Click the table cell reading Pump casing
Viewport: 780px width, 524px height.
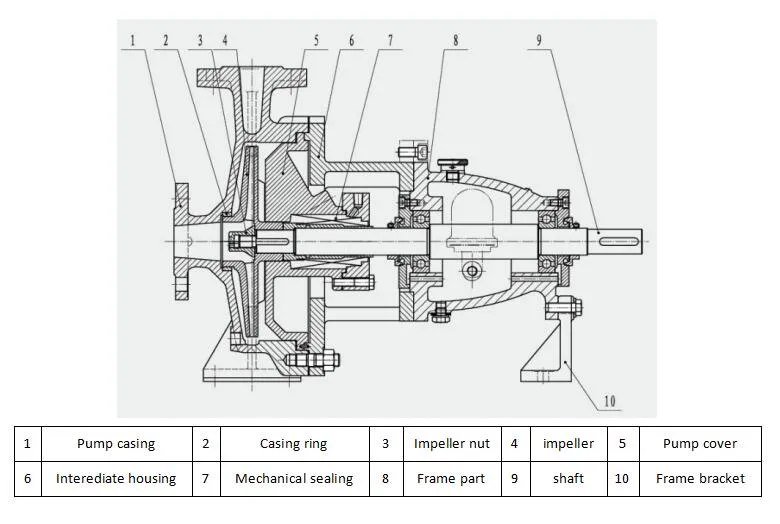pos(116,443)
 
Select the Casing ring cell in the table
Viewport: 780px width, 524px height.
pos(293,443)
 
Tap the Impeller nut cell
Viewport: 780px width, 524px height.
pos(451,443)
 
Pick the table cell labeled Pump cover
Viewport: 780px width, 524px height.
pos(700,443)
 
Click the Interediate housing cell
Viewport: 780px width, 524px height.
pos(116,478)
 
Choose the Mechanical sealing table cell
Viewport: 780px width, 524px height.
pos(293,478)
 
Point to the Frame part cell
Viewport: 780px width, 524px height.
pos(451,478)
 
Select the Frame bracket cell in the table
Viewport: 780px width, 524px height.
pos(700,478)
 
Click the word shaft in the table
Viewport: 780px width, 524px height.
pos(568,478)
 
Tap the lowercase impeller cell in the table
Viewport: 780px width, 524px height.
pos(568,443)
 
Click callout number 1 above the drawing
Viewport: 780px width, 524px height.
pos(132,41)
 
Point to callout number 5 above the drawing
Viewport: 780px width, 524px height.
pos(315,41)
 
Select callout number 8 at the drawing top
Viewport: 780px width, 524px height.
pos(455,41)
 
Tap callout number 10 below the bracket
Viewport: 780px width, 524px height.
pos(609,402)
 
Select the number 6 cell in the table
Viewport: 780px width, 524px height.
pos(27,478)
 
